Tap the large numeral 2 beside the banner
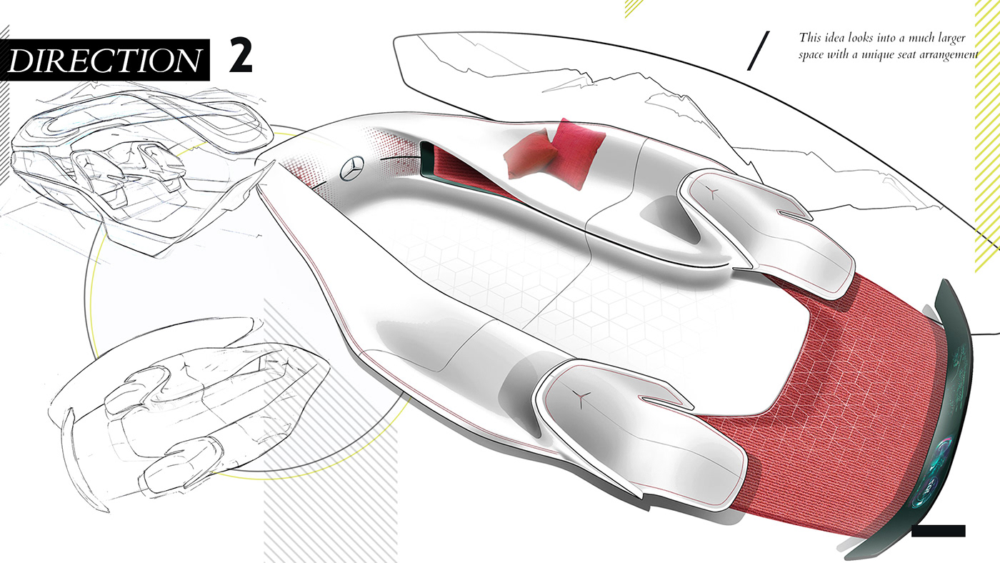241,56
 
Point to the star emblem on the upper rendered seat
712,191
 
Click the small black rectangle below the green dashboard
938,531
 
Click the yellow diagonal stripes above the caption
634,7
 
